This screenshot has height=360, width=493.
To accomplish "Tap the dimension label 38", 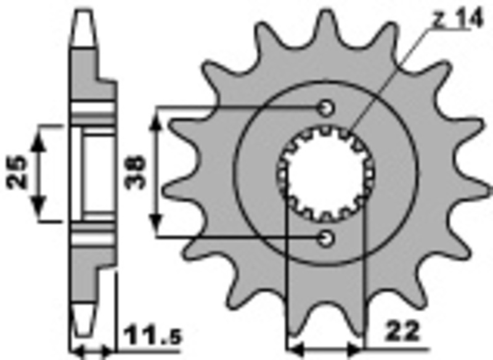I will click(137, 173).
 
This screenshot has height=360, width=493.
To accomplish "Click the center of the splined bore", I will click(325, 173).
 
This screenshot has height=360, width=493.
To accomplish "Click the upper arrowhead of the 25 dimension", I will click(39, 134).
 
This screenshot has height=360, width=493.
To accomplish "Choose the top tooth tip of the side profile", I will click(84, 12).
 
